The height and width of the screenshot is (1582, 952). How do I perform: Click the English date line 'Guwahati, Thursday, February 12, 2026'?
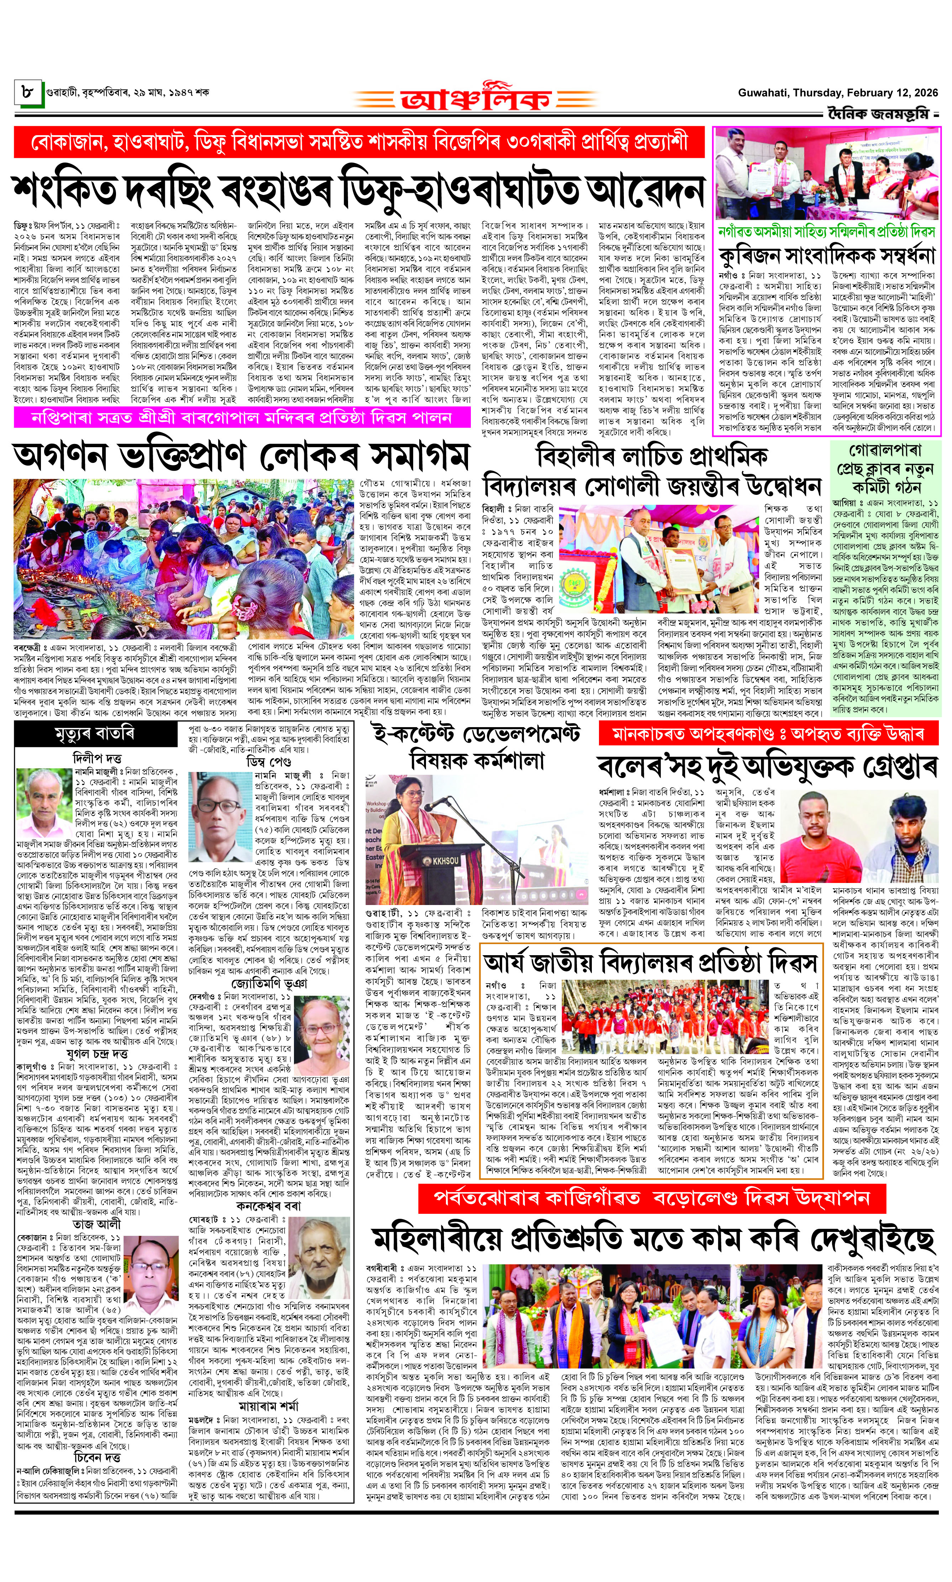pyautogui.click(x=837, y=92)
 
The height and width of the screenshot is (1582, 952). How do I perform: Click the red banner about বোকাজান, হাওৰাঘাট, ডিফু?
pyautogui.click(x=359, y=142)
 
